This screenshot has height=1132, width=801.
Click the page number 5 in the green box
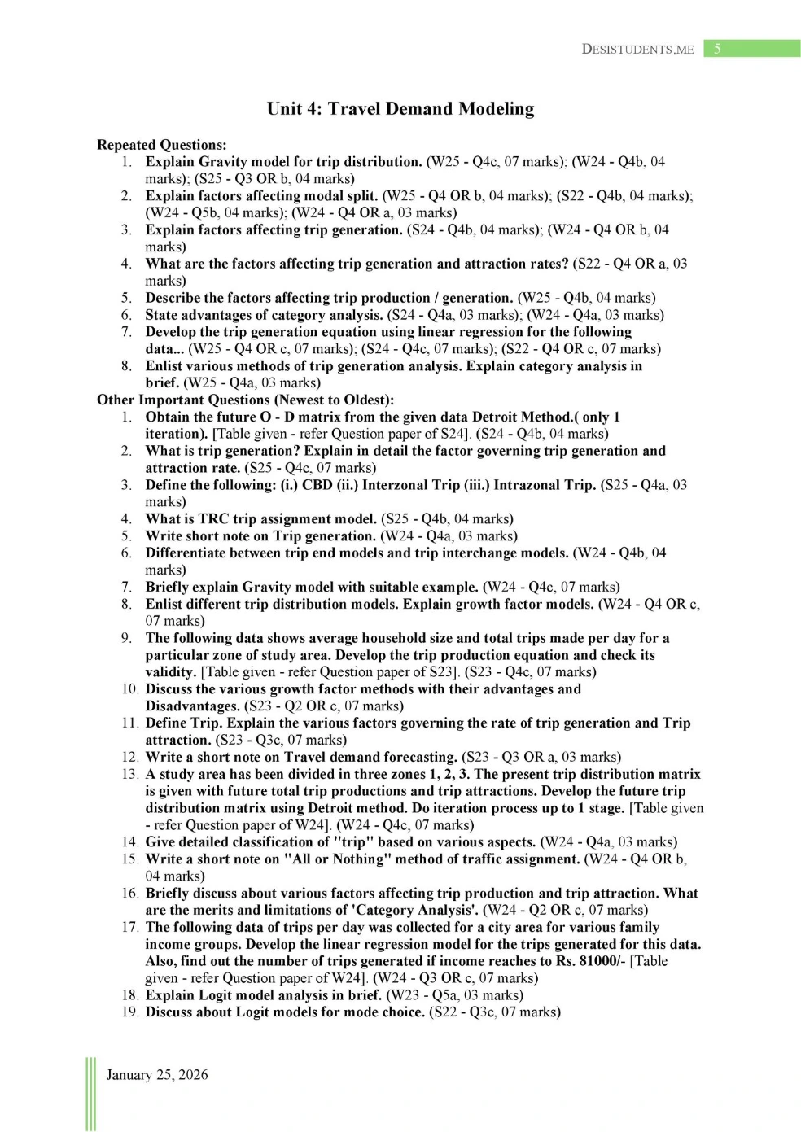tap(717, 49)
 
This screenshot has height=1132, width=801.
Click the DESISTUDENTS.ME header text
tap(637, 50)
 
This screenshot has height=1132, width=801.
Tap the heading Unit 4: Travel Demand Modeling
tap(400, 109)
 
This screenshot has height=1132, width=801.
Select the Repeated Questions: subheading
tap(162, 145)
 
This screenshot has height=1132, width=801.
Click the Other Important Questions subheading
tap(245, 400)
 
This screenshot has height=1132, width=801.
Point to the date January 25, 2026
tap(156, 1074)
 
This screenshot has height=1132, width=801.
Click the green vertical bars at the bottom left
tap(90, 1094)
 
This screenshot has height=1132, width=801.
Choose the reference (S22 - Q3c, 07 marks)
tap(495, 1012)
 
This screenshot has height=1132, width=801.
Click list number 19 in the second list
tap(130, 1012)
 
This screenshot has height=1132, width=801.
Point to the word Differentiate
tap(193, 553)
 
